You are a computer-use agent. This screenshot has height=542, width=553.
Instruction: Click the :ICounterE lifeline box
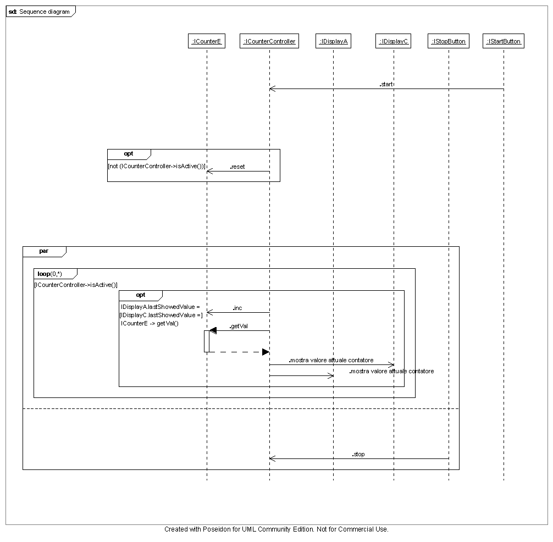click(x=206, y=41)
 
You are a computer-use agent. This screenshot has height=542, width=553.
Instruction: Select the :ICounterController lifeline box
click(x=269, y=41)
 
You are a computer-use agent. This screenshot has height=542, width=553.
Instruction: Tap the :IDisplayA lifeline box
click(x=333, y=41)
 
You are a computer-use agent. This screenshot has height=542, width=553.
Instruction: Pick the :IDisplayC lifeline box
click(x=394, y=41)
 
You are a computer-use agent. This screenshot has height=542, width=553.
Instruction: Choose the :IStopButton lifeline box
click(x=449, y=41)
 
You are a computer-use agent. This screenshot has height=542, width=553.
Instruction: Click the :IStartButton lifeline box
click(x=503, y=41)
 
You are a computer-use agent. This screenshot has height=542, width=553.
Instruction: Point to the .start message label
click(x=386, y=85)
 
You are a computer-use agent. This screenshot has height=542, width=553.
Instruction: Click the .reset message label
click(x=237, y=167)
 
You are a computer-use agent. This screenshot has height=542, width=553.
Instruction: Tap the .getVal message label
click(x=238, y=326)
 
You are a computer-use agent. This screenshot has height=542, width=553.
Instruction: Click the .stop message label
click(x=358, y=454)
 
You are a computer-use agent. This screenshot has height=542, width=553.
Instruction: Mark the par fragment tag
click(x=44, y=251)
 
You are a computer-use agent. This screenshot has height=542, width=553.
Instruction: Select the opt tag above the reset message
click(x=129, y=154)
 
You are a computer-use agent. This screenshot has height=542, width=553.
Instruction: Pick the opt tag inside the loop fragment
click(x=141, y=295)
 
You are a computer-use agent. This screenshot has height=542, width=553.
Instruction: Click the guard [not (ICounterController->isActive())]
click(x=156, y=166)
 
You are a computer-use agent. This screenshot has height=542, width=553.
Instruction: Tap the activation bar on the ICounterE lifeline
click(x=207, y=341)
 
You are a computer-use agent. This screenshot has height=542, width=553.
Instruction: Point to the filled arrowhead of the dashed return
click(x=266, y=352)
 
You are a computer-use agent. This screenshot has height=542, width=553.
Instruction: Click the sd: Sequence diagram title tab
click(x=40, y=12)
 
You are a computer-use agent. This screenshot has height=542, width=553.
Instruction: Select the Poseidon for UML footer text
click(x=276, y=529)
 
